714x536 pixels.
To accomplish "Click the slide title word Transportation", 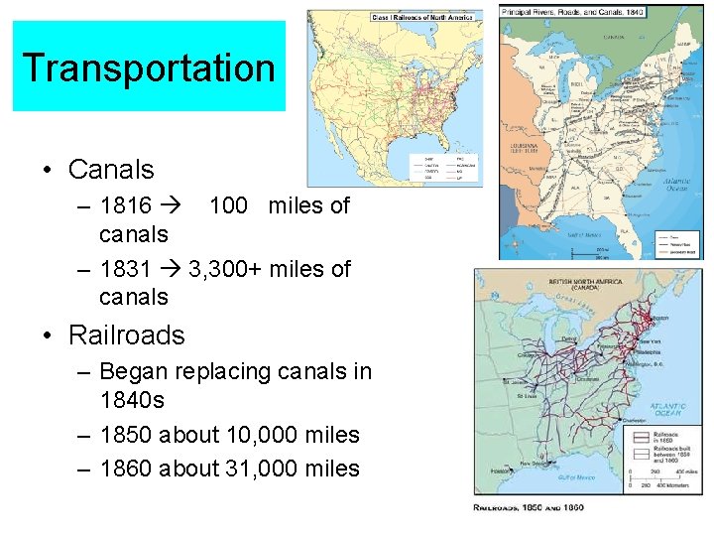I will click(x=149, y=67).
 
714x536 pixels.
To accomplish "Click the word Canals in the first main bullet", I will click(x=111, y=170).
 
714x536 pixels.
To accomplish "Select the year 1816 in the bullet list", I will click(x=126, y=205).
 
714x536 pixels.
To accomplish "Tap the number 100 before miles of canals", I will click(x=228, y=205).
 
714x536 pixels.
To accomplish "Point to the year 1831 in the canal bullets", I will click(x=126, y=268).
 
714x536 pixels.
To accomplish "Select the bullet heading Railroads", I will click(x=126, y=335).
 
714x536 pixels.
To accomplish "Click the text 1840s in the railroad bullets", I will click(x=132, y=401).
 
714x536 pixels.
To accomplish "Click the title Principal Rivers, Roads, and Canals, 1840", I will click(x=572, y=11).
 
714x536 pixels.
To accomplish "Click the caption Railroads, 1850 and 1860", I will click(x=528, y=507).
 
